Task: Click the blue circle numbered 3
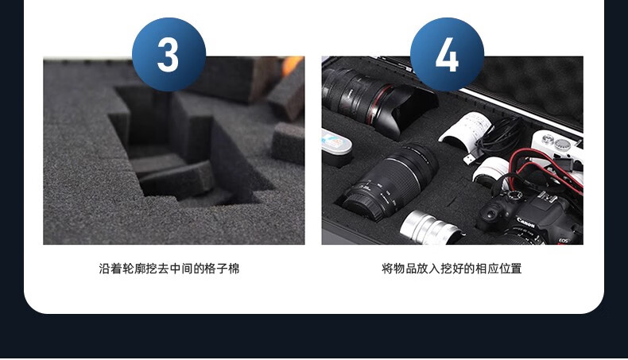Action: click(169, 55)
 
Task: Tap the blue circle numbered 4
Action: click(447, 55)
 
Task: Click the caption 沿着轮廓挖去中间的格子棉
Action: click(169, 269)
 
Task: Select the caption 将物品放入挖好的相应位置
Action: click(452, 269)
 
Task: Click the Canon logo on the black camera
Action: click(525, 223)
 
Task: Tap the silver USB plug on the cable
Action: click(468, 159)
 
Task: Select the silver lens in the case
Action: click(431, 228)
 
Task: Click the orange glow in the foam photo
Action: click(292, 65)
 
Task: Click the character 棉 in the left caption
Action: click(234, 269)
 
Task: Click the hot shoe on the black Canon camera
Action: click(546, 197)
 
